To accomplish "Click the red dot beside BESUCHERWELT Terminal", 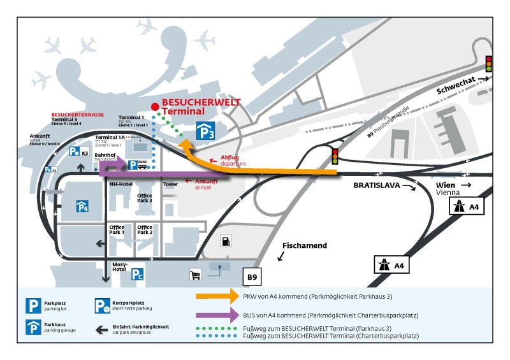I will [154, 107].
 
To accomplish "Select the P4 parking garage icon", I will [83, 206].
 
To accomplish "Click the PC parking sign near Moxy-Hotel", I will [137, 275].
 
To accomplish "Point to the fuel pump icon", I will [225, 241].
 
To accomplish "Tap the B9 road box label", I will [253, 277].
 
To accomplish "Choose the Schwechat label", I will [456, 87].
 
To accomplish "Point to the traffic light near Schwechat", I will [489, 64].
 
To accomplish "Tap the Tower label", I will [170, 185].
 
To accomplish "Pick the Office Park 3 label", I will [145, 198].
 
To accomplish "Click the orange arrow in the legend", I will [215, 296].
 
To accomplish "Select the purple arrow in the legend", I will [215, 315].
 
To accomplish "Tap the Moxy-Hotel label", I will [120, 267].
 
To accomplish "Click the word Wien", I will [446, 185].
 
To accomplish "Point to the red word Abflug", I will [229, 157].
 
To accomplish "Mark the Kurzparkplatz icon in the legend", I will [102, 306].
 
